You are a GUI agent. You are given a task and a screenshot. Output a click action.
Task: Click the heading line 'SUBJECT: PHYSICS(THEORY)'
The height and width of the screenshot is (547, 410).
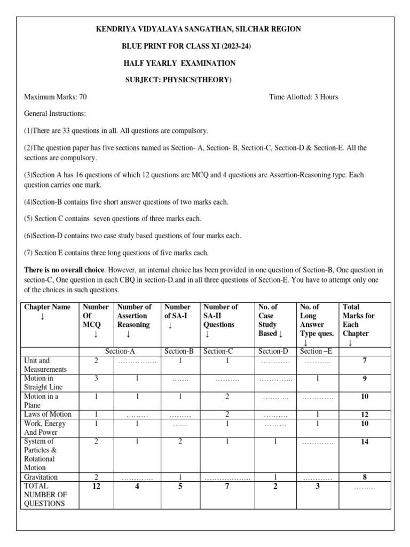(178, 80)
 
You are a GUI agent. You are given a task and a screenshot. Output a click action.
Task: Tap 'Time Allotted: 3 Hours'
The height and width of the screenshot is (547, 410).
(304, 97)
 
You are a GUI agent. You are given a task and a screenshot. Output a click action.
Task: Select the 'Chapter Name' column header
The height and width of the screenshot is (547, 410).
(48, 307)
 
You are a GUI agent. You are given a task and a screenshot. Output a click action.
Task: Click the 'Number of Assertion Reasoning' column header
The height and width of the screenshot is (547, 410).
(134, 316)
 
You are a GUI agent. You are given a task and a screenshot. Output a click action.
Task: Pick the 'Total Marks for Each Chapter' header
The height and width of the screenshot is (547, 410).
(359, 320)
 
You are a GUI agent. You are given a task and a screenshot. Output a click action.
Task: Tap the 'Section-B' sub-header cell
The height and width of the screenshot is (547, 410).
(181, 351)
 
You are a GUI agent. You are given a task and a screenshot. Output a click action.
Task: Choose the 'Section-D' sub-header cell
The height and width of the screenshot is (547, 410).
(274, 351)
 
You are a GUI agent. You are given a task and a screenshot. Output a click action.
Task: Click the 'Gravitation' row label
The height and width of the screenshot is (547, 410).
(41, 477)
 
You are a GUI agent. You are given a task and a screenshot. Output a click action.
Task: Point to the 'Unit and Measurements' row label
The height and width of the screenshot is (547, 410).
(45, 365)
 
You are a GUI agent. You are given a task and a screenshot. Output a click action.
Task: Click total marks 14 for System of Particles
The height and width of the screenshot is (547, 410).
(365, 442)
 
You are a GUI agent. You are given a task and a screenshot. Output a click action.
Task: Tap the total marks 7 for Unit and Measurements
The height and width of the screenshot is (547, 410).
(365, 361)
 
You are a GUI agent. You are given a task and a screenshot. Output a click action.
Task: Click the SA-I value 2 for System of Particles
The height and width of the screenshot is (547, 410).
(180, 442)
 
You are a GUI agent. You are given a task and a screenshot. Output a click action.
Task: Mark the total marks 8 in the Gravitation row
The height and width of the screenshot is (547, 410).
(365, 477)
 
